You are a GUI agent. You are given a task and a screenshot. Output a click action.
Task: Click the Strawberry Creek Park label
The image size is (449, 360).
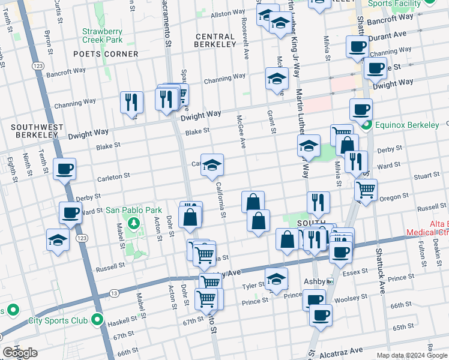coord(102,35)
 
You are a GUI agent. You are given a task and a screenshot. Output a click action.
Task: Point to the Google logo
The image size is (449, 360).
coord(19,353)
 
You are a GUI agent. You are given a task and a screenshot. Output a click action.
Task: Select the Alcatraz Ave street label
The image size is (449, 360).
coord(341,350)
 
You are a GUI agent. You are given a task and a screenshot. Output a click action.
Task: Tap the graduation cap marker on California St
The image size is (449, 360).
coord(212,166)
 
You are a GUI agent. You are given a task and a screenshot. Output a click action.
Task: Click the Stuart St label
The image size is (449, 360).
coord(427,177)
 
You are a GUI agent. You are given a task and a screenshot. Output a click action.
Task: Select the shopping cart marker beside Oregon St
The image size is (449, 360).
coord(366,190)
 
